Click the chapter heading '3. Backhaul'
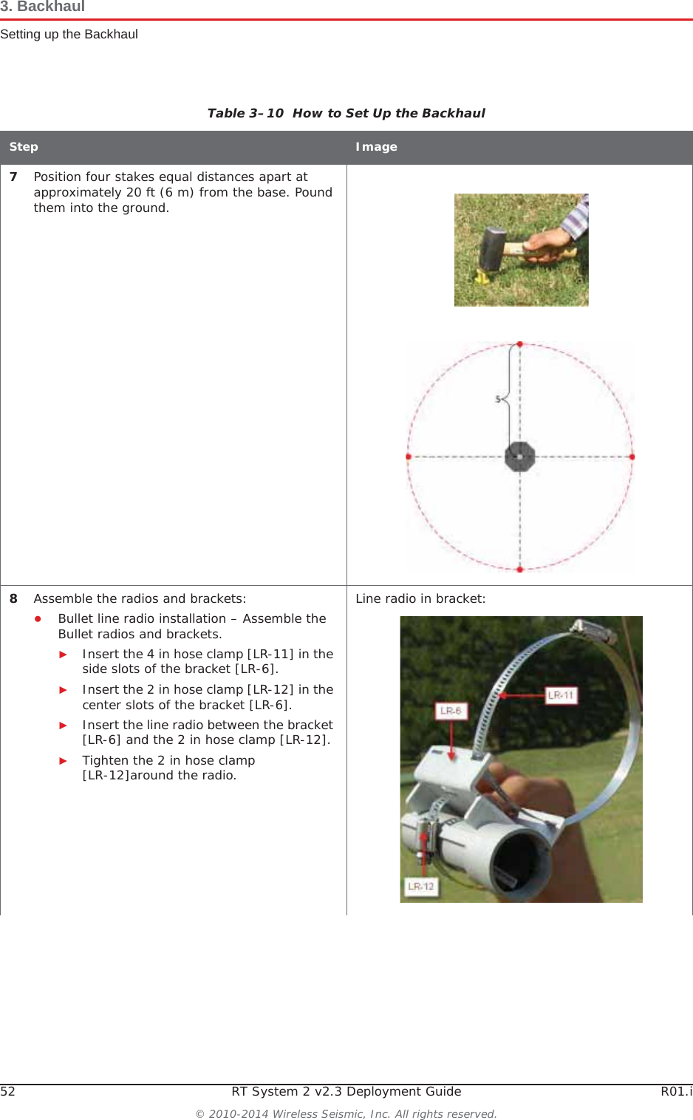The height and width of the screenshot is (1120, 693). [43, 7]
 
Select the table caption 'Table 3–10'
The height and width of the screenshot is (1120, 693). [245, 113]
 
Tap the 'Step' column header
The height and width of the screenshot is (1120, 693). [24, 147]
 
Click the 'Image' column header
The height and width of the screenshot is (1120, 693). [376, 147]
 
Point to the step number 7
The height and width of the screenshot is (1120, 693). [13, 177]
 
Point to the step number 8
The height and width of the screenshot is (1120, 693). [13, 599]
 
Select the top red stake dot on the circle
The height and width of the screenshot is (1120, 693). [520, 344]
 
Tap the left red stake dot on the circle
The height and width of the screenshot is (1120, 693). [409, 457]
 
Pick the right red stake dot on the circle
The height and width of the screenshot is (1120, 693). [632, 457]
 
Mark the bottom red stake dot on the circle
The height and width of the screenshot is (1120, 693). [520, 570]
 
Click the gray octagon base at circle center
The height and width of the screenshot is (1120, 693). [520, 457]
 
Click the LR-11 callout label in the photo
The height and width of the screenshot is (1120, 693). [561, 695]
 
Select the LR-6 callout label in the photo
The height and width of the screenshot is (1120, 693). [451, 711]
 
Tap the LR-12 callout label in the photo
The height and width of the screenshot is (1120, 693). [421, 887]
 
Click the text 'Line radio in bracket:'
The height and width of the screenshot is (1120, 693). [420, 599]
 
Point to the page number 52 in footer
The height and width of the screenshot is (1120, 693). [7, 1092]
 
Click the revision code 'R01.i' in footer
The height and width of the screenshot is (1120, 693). [676, 1092]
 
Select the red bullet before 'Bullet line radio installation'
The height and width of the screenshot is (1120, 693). [38, 619]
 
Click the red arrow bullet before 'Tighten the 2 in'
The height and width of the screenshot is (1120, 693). [64, 761]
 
